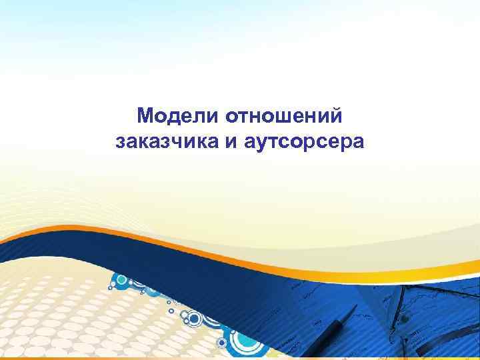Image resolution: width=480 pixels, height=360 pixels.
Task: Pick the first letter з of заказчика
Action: point(120,141)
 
